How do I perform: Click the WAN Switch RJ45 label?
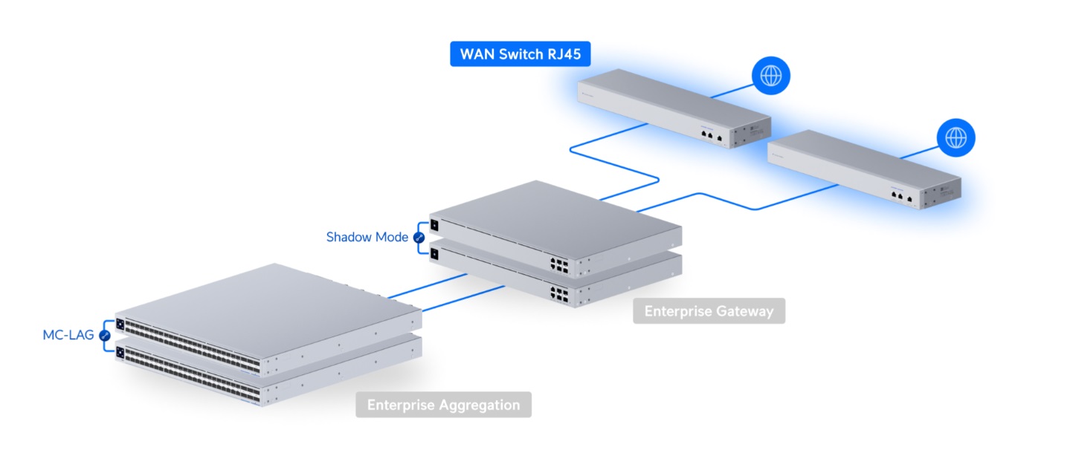521,54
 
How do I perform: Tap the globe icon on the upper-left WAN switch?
771,76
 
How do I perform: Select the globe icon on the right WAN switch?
956,138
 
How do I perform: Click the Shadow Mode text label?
367,237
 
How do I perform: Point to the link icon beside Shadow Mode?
419,238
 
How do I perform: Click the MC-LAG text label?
68,335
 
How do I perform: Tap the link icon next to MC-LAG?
105,336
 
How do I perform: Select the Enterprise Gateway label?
709,311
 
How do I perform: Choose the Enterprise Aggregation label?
444,405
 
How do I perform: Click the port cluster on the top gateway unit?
559,266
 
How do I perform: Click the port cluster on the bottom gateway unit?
559,294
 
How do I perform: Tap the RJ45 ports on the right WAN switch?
901,197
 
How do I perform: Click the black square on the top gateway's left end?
434,225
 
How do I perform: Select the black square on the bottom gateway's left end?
434,253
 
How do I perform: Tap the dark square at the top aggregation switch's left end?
120,325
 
